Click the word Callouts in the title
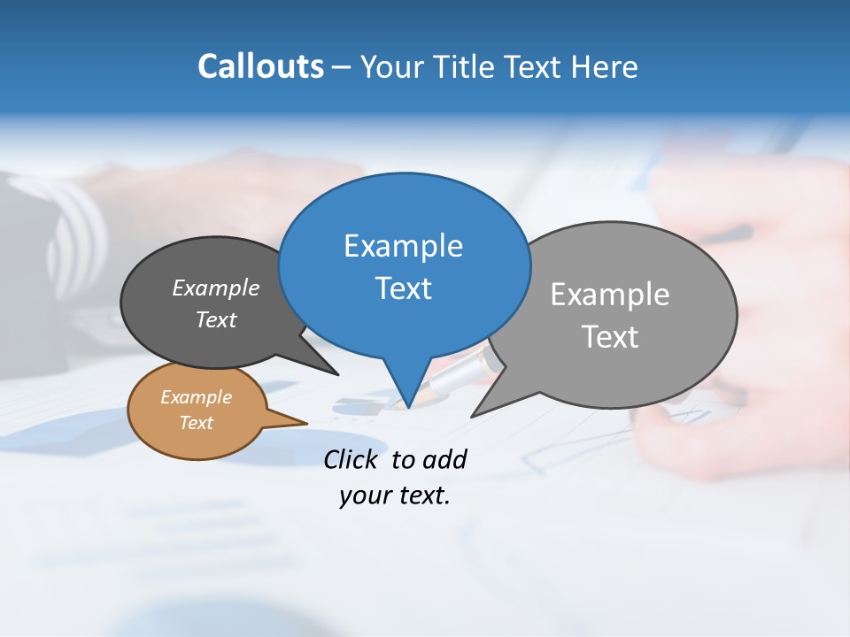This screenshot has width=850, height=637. tap(261, 66)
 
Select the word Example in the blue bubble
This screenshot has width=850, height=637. tap(403, 246)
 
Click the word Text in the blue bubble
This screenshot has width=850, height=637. tap(403, 288)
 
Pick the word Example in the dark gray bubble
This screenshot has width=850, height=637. tap(216, 288)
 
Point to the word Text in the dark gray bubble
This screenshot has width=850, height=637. tap(216, 319)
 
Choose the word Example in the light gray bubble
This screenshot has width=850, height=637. tap(610, 295)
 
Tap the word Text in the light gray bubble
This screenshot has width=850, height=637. tap(610, 337)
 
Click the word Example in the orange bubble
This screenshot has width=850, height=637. tap(197, 397)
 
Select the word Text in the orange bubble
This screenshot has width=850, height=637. tap(197, 423)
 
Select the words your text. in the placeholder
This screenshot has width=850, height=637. tap(395, 495)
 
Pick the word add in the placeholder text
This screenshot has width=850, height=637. tap(445, 459)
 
